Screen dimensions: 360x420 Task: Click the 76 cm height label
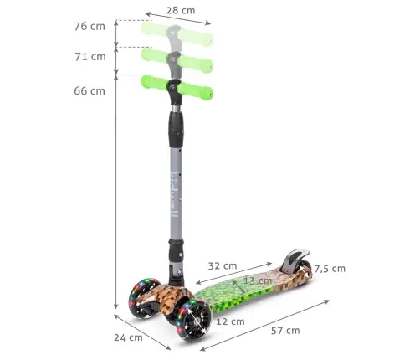[x=90, y=26]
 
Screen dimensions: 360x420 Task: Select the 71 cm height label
[x=90, y=57]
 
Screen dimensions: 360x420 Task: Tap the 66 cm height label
[x=90, y=90]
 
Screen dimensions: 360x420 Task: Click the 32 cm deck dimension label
[x=222, y=265]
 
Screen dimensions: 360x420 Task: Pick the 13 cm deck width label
[x=257, y=280]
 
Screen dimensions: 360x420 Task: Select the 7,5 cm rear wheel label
[x=329, y=269]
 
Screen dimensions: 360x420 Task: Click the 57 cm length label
[x=285, y=330]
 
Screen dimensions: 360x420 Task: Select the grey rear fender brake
[x=295, y=258]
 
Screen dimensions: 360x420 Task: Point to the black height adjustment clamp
[x=176, y=126]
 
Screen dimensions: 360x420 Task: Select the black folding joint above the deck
[x=176, y=255]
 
